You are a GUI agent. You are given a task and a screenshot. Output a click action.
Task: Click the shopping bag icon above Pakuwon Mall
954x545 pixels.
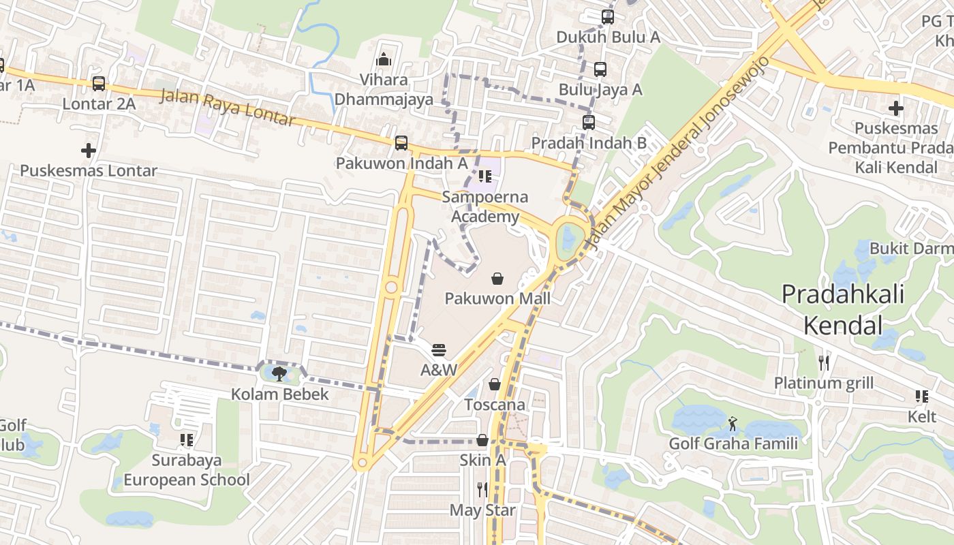[497, 279]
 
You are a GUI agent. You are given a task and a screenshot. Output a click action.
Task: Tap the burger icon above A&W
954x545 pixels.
[439, 350]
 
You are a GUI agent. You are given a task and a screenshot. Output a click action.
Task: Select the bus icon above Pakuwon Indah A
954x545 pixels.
[401, 143]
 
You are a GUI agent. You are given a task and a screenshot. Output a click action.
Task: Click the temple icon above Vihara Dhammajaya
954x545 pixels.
[384, 60]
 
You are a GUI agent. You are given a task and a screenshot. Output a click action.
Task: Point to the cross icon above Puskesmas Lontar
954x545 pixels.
[88, 151]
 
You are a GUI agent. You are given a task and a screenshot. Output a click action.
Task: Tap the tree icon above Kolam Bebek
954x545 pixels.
[279, 373]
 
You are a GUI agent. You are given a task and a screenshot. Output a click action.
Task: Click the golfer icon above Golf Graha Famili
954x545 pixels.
[733, 424]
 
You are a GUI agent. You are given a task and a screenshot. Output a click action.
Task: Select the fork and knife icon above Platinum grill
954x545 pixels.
[823, 362]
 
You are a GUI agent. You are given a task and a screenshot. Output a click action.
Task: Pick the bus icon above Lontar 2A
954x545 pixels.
[99, 84]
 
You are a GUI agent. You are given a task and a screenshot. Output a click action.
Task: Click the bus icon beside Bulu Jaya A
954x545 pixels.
[600, 69]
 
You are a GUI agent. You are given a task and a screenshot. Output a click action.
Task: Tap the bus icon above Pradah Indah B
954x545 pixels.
[589, 123]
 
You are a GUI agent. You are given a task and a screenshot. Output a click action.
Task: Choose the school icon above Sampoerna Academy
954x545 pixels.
[484, 177]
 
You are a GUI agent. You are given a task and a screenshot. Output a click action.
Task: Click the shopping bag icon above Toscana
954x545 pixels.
[495, 385]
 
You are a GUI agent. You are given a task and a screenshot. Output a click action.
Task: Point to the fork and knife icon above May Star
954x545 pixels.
[482, 489]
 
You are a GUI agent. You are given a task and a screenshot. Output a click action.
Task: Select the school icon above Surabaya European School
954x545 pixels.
[186, 440]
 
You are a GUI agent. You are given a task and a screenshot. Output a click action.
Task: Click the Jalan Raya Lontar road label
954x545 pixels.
[228, 108]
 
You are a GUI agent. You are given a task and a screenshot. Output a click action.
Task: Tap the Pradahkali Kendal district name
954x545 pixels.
[842, 309]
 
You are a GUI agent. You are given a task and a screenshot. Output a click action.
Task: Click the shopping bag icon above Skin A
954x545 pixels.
[482, 440]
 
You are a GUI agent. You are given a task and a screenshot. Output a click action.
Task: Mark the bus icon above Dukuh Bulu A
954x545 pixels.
[607, 17]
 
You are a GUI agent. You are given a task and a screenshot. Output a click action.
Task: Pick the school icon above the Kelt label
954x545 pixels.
[921, 396]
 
